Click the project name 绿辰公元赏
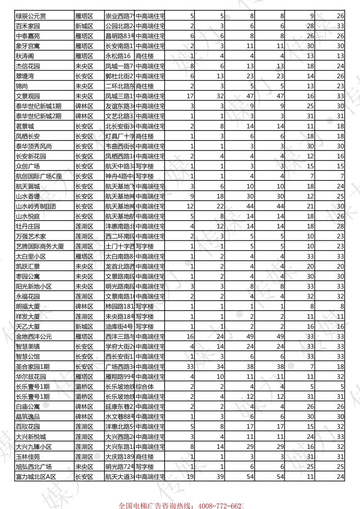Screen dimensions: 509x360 (31, 17)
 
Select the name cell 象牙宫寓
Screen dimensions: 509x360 (27, 46)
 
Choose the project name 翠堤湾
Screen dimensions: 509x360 (24, 76)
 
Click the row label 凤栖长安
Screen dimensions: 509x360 (27, 135)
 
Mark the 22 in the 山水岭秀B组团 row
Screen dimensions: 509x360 (220, 206)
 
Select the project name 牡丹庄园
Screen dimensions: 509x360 (27, 226)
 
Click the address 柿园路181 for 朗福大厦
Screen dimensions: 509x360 (120, 306)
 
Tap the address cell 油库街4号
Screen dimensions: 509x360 (120, 326)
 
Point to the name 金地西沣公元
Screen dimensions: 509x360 (34, 336)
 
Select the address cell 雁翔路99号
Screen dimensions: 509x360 (120, 376)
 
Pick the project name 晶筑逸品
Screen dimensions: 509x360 (27, 417)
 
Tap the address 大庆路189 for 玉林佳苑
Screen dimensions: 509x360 (120, 456)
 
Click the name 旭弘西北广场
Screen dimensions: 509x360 (34, 467)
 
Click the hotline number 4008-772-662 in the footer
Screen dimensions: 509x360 (218, 505)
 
